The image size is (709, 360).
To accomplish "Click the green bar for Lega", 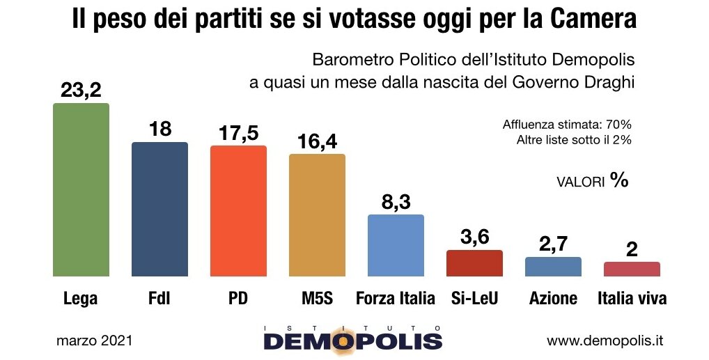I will tap(81, 189).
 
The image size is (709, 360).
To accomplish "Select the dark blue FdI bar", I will tap(160, 209).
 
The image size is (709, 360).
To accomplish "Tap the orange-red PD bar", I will tap(238, 210).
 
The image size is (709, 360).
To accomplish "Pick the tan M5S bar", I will tap(317, 214).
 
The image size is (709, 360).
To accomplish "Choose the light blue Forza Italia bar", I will tap(396, 245).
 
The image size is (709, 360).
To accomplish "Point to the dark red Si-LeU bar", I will tap(474, 263).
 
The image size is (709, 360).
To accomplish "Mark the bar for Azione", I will tap(553, 267).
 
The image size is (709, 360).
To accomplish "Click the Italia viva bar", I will tap(632, 269).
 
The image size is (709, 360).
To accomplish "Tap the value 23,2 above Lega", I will tap(81, 90).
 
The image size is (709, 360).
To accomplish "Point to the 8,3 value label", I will tap(396, 201).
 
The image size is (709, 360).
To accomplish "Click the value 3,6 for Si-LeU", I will tap(474, 237).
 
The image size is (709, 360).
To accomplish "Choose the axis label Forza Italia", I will tap(396, 299).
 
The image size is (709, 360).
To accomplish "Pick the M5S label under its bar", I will tap(317, 299).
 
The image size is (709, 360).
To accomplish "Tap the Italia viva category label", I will tap(632, 299).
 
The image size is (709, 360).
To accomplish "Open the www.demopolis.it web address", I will tap(605, 341).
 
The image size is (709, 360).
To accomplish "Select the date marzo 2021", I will tap(94, 341).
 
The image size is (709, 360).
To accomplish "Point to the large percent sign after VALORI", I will tap(619, 180).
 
